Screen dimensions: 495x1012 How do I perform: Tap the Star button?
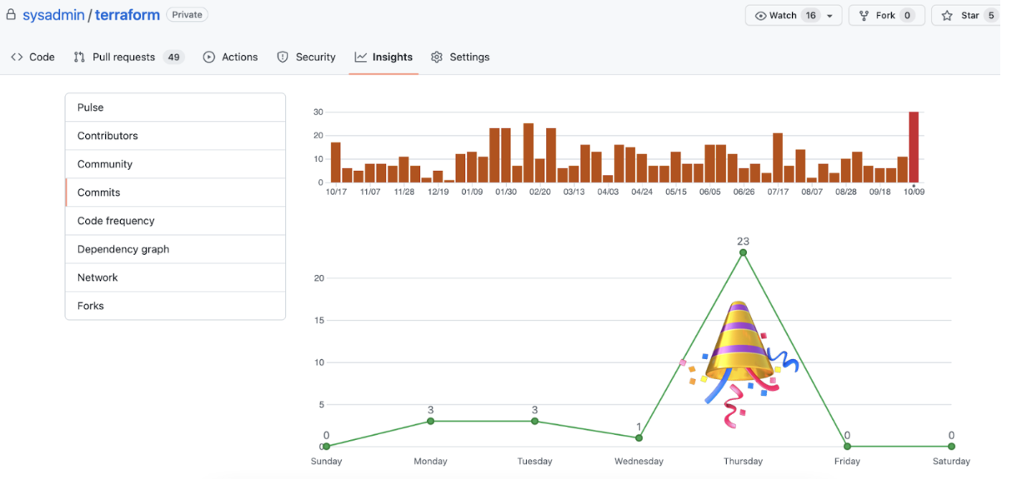click(x=968, y=15)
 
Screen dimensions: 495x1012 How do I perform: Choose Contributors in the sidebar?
click(x=108, y=136)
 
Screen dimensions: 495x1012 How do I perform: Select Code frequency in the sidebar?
click(x=116, y=221)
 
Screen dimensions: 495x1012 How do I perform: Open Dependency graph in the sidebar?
click(x=123, y=249)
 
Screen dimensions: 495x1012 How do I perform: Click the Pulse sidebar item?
click(x=91, y=107)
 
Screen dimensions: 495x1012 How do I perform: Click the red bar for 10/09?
click(x=914, y=147)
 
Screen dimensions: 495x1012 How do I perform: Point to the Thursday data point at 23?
click(x=743, y=252)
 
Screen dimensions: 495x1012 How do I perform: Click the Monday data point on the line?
click(x=430, y=421)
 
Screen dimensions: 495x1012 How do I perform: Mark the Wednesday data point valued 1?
click(x=639, y=437)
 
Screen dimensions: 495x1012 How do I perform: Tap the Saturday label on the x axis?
click(x=951, y=461)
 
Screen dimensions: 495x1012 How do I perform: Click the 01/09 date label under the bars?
click(x=472, y=192)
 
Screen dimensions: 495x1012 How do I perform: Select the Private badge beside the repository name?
click(x=187, y=14)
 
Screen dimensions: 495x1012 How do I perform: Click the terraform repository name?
click(x=128, y=15)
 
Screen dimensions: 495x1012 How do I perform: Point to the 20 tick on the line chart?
click(x=318, y=277)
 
